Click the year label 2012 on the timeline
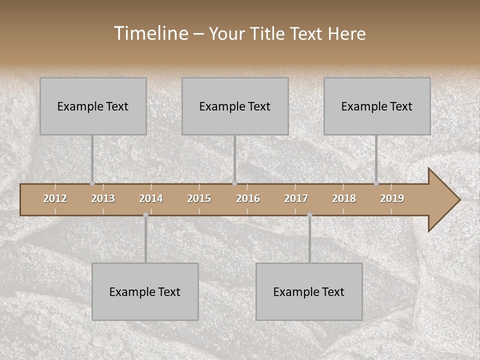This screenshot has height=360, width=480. (55, 198)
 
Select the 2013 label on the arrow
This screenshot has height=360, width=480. (103, 198)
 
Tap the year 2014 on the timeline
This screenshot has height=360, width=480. (151, 198)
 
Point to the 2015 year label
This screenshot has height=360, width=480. (199, 198)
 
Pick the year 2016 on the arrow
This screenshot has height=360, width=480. (248, 198)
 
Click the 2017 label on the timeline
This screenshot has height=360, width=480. (296, 198)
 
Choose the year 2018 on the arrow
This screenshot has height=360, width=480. (344, 198)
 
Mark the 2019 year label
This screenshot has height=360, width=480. (392, 198)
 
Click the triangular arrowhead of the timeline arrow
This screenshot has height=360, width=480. (442, 200)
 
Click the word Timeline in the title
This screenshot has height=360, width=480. (150, 33)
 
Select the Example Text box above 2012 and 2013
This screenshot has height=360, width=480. (93, 106)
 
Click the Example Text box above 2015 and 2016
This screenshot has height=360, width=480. (235, 106)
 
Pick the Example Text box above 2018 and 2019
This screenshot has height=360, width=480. (377, 106)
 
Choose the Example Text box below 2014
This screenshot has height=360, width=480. (145, 291)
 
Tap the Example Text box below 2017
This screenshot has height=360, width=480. (309, 291)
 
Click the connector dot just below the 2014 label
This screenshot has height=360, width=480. (145, 215)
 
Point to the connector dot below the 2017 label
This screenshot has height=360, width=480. (309, 215)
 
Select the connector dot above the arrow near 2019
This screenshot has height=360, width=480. (376, 183)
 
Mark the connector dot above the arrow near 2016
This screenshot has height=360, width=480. (234, 183)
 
